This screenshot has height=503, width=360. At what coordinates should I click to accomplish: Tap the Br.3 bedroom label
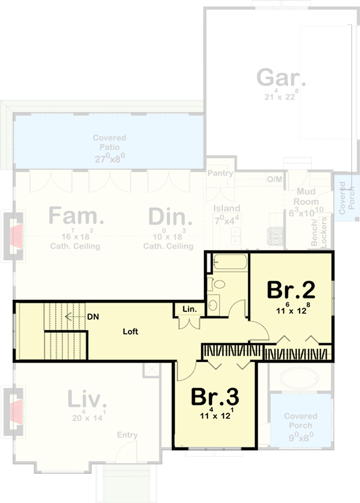[214, 396]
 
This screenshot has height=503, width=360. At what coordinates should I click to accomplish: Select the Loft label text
[130, 331]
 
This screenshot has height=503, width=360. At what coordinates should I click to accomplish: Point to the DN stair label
[93, 317]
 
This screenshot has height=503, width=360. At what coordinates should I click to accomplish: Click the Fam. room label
[76, 217]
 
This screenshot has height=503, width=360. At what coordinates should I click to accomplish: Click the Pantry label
[220, 173]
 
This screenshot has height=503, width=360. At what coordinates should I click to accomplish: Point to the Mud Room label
[307, 196]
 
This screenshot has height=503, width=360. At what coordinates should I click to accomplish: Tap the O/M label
[274, 179]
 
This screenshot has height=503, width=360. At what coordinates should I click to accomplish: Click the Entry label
[128, 435]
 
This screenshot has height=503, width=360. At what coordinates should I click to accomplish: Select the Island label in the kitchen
[227, 208]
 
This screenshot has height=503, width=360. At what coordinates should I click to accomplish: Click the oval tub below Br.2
[298, 378]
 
